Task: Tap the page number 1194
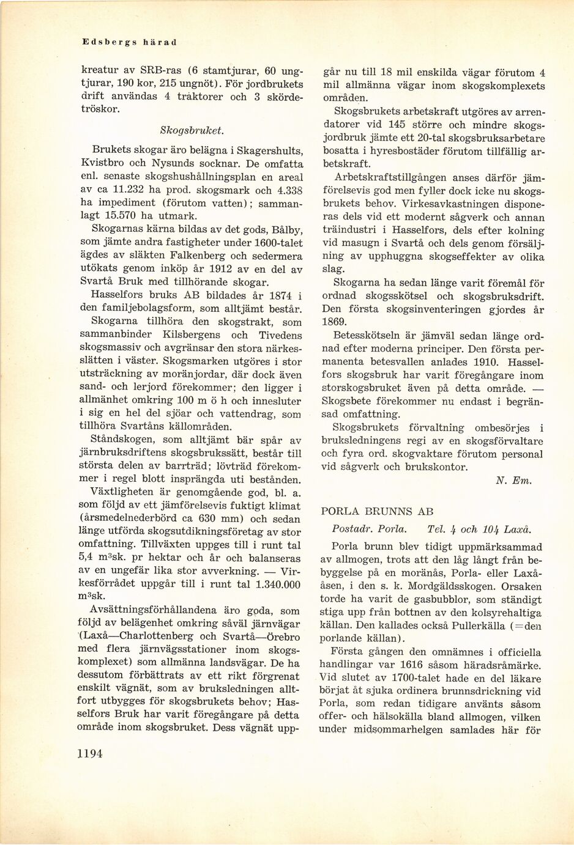coord(90,753)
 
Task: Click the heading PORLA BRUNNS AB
coord(377,511)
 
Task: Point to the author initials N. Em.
coord(513,481)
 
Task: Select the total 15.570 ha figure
coord(121,215)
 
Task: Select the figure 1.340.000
coord(270,584)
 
